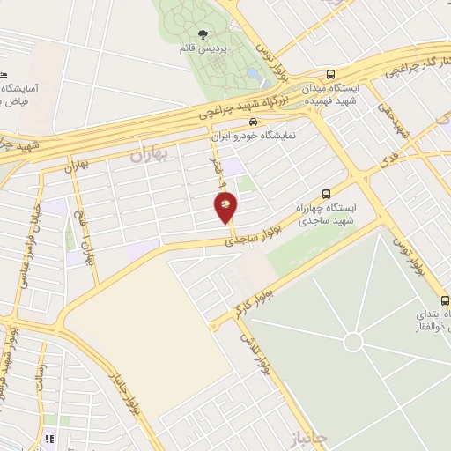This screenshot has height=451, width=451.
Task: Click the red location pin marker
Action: pos(226,209)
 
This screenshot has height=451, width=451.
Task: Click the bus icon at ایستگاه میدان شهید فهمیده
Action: pos(330,75)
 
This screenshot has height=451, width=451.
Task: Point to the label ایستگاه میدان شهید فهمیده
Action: pos(330,95)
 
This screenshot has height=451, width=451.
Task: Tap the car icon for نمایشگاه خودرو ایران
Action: pos(253,122)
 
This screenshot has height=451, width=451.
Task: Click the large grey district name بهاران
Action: pos(149,156)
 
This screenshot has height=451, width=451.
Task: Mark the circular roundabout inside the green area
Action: pos(353,342)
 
